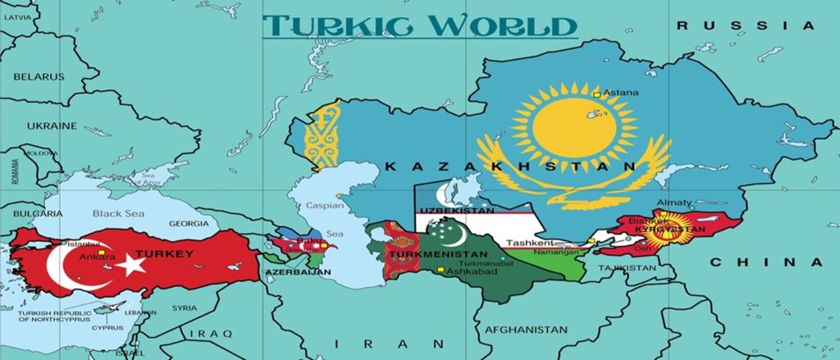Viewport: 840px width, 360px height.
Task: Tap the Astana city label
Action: coord(620,93)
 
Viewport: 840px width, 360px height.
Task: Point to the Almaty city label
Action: coord(674,203)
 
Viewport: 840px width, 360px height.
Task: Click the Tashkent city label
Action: coord(530,243)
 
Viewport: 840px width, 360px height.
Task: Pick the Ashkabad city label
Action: coord(469,270)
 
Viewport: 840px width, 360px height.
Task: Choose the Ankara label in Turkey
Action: coord(97,256)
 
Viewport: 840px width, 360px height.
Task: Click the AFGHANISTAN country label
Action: coord(526,330)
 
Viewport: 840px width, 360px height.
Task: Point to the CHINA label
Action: coord(765,262)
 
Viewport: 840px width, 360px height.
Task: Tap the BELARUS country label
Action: coord(38,76)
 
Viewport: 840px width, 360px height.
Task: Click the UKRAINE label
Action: coord(51,125)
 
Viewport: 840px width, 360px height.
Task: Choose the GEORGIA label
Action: coord(189,224)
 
